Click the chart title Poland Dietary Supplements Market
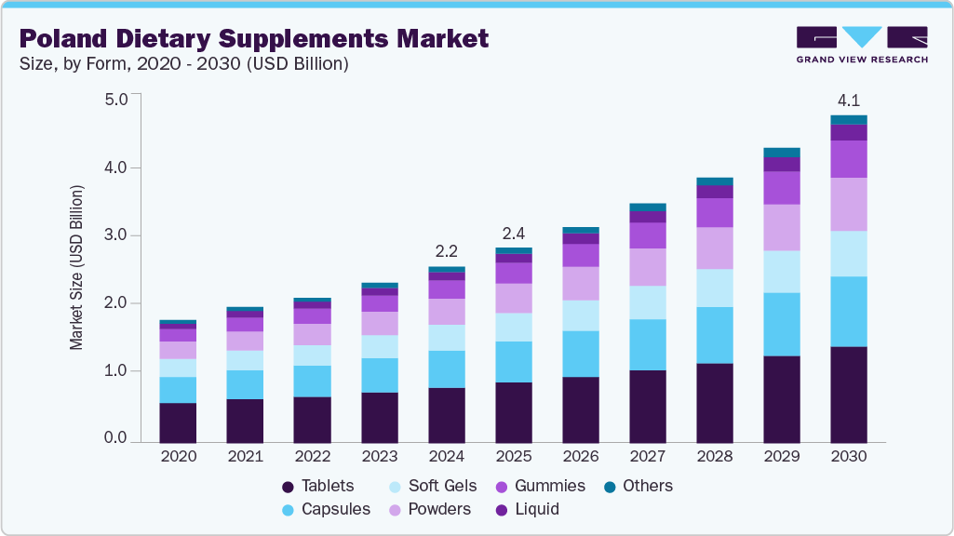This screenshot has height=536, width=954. (254, 39)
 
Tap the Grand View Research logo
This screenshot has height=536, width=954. (861, 44)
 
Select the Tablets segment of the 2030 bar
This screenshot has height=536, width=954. (848, 394)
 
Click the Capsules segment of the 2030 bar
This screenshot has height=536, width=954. (848, 311)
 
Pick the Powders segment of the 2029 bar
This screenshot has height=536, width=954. (781, 227)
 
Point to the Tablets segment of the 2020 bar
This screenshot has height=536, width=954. (177, 422)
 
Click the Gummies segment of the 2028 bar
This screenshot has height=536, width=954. (714, 212)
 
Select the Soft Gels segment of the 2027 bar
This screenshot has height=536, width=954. (647, 302)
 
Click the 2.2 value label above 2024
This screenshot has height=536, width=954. (446, 251)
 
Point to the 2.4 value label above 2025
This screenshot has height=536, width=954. (513, 232)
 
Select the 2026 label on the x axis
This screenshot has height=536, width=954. (580, 457)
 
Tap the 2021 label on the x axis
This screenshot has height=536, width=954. (244, 457)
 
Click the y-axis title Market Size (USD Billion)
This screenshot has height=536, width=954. (76, 267)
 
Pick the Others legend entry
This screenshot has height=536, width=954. (638, 486)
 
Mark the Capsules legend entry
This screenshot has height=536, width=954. (326, 509)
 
